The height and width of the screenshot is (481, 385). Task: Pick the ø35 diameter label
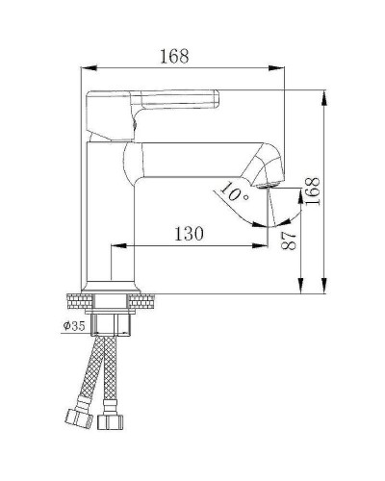pyautogui.click(x=75, y=326)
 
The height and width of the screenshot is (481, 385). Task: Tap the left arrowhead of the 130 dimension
pyautogui.click(x=117, y=246)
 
